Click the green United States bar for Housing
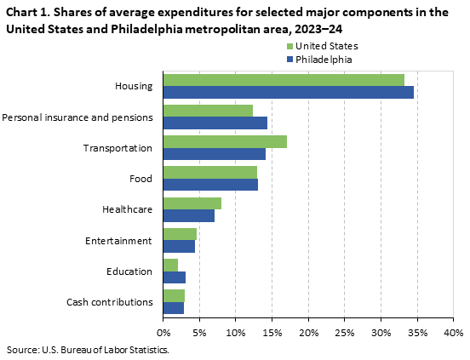point(284,80)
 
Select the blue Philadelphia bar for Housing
point(288,92)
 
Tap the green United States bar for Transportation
point(225,141)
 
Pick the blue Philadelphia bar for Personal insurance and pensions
point(215,123)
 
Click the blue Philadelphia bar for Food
point(210,184)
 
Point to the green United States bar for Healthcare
point(192,203)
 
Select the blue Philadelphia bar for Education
point(174,277)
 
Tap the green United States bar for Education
point(170,265)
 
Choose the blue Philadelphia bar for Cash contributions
point(173,307)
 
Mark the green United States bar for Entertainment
point(180,234)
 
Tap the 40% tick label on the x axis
point(453,332)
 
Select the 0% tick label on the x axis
point(163,332)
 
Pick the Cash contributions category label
point(109,301)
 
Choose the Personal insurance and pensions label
point(77,117)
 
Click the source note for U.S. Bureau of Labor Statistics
point(88,350)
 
